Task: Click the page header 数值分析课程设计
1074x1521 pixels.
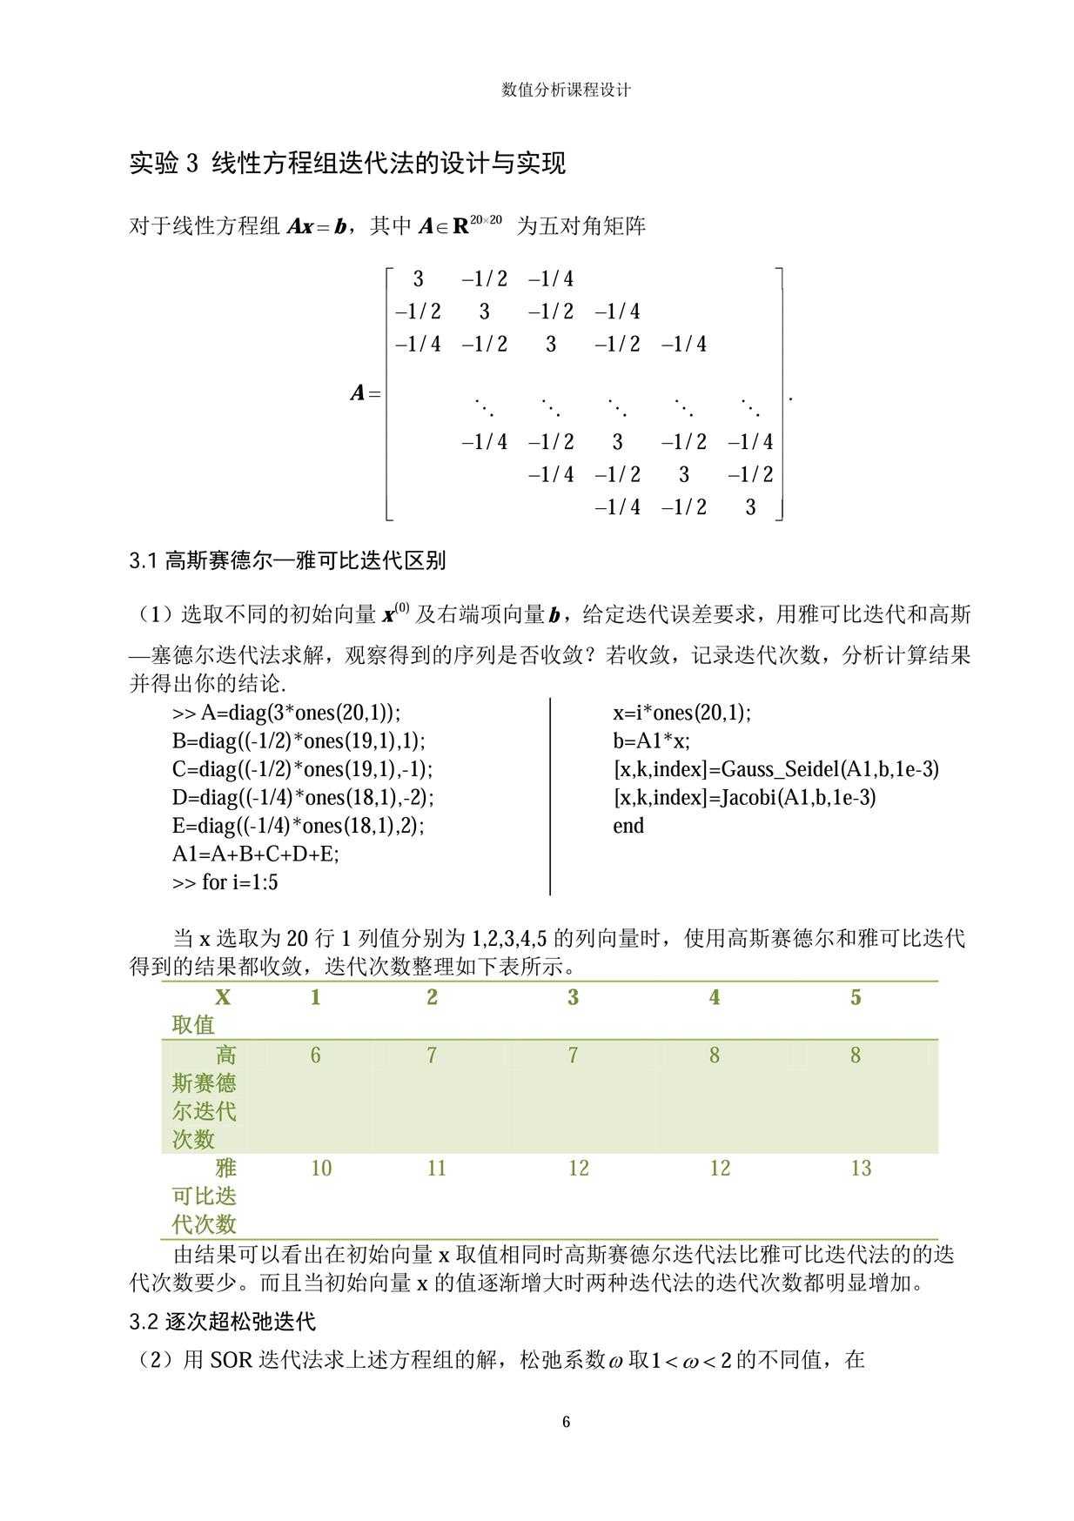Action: click(x=566, y=90)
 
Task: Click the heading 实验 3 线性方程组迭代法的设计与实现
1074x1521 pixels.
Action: click(x=347, y=163)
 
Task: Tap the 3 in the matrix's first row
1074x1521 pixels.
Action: click(x=419, y=278)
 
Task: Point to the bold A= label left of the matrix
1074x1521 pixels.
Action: click(x=366, y=393)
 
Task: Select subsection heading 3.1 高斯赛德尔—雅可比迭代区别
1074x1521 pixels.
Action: click(x=287, y=560)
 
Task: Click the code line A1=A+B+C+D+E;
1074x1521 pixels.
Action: click(x=255, y=854)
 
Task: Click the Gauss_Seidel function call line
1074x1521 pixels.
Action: click(x=775, y=769)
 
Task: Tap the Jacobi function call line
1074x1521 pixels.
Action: click(x=744, y=797)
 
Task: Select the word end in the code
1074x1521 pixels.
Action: click(x=628, y=826)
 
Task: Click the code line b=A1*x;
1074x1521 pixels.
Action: click(x=651, y=741)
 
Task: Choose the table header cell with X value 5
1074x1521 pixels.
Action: click(x=856, y=997)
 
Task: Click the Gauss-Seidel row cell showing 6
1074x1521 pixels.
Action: click(x=315, y=1055)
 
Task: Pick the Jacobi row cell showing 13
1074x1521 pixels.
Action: click(x=861, y=1168)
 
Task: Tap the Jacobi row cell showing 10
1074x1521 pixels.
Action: click(x=321, y=1168)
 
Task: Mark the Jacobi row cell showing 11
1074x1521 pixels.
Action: click(x=436, y=1168)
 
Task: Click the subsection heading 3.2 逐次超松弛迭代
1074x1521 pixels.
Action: click(x=222, y=1322)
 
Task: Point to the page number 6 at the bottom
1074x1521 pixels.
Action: click(x=567, y=1423)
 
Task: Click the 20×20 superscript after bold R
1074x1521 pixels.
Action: click(x=486, y=219)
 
